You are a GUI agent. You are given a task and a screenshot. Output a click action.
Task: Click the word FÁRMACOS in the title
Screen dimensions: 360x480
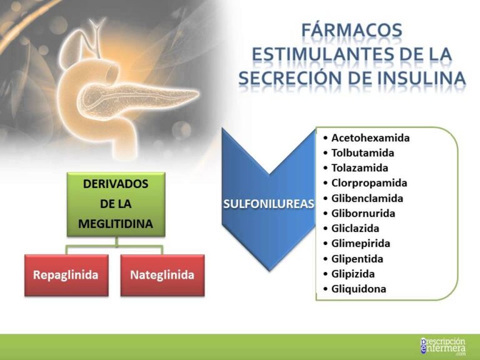(351, 30)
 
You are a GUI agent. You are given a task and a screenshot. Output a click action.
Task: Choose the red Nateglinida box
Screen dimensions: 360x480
(162, 275)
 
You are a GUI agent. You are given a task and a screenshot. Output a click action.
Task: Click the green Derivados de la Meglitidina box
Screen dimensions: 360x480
(116, 204)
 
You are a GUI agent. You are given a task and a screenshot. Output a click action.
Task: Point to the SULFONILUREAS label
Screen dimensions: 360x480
(268, 204)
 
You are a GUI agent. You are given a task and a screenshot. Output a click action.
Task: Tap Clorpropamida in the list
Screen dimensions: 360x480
(369, 183)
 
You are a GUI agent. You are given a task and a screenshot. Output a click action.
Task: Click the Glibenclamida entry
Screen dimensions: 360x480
(367, 198)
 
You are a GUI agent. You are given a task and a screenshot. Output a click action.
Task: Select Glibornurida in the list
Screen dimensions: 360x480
(363, 213)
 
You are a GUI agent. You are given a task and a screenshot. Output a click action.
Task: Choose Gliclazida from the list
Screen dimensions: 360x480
(355, 228)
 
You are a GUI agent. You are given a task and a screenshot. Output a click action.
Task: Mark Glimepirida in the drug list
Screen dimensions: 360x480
(361, 243)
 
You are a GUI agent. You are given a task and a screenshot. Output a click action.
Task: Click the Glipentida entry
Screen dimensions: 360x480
(357, 259)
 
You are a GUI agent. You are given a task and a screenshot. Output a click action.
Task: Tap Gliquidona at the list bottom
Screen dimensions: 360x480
(358, 289)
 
